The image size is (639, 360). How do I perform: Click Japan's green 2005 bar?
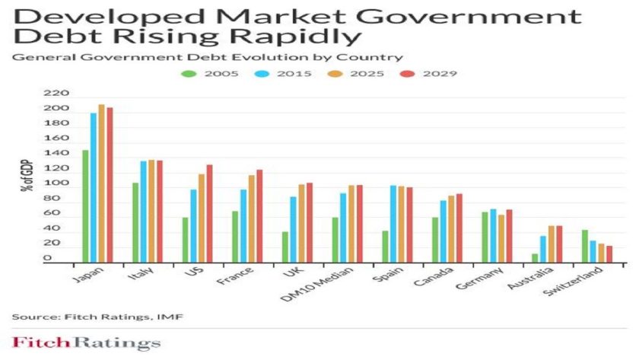(85, 205)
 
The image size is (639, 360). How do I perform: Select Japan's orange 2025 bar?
(101, 183)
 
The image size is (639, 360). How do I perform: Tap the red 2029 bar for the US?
(209, 213)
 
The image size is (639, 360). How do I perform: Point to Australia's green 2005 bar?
(535, 257)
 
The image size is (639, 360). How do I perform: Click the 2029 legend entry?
(437, 73)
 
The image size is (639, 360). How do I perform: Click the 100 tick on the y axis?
(61, 184)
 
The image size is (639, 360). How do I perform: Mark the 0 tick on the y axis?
(67, 259)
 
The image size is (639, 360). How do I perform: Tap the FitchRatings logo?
(86, 343)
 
